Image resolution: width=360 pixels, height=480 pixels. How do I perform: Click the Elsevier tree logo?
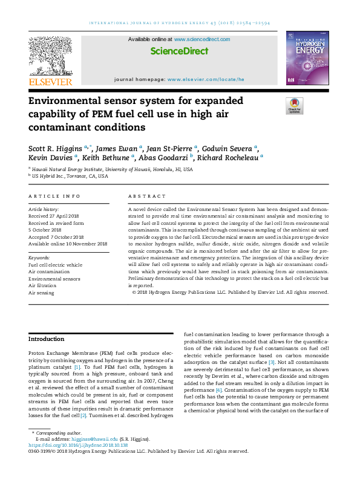(x=50, y=56)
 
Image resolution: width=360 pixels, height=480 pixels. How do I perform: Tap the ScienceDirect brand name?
(x=179, y=51)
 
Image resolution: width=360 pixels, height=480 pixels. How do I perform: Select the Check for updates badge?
(x=294, y=106)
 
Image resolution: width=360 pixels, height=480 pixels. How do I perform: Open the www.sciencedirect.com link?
(x=202, y=39)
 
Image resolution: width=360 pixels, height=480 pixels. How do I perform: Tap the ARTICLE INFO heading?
(x=54, y=196)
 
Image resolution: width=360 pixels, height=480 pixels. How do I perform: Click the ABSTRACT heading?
(x=147, y=196)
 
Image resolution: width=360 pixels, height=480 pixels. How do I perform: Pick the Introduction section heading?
(x=47, y=340)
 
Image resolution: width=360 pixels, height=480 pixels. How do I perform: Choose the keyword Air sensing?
(x=42, y=293)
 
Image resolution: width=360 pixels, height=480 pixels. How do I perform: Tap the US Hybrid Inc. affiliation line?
(x=70, y=176)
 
